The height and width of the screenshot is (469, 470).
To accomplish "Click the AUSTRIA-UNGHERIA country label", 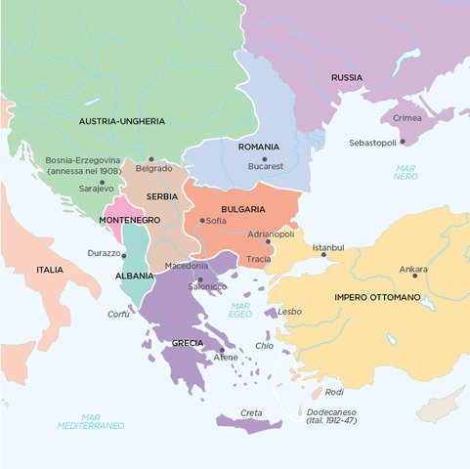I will [121, 121].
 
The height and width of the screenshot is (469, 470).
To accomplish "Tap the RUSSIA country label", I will [346, 76].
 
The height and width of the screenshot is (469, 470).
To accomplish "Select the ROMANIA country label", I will [258, 147].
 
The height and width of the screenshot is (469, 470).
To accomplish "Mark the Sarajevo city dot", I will [101, 182].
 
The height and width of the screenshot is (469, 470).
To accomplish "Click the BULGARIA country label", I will [243, 209].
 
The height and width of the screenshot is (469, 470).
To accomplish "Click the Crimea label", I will [406, 117].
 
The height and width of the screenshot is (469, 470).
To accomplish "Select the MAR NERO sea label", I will [406, 173].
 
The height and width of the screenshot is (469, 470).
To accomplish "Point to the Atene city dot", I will [223, 349].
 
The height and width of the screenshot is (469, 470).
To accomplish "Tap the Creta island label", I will [252, 412].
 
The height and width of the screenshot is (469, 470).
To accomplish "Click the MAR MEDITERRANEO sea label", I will [90, 421].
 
